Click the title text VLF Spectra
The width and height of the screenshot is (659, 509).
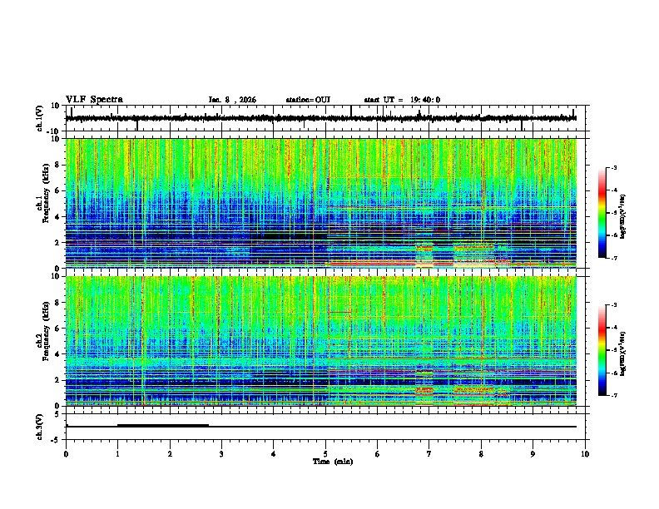(94, 100)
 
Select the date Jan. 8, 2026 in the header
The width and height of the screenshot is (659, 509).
(232, 100)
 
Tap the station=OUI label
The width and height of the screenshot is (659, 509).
(308, 100)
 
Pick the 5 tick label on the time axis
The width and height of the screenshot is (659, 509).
(325, 453)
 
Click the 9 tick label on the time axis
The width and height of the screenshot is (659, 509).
(533, 453)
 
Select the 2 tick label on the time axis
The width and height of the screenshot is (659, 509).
(170, 453)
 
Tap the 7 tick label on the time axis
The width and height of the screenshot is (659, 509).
(429, 453)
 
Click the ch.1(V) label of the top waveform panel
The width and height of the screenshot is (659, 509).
(40, 118)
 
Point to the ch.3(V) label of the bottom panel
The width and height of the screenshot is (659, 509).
(40, 426)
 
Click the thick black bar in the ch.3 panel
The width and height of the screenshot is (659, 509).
(163, 425)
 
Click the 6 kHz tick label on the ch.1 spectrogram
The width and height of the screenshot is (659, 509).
(59, 190)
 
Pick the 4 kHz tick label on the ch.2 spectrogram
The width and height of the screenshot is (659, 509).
(59, 354)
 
